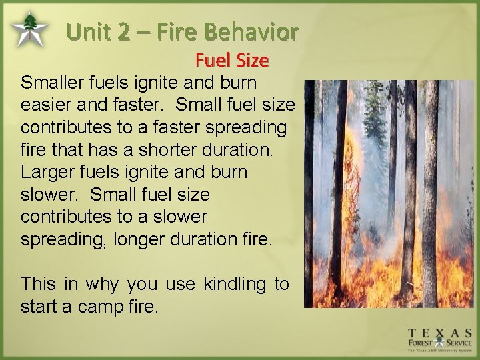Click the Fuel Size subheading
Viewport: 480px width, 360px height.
point(232,61)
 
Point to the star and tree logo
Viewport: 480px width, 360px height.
point(29,28)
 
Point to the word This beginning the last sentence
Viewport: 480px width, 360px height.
point(38,284)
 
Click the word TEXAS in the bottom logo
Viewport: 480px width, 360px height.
point(440,333)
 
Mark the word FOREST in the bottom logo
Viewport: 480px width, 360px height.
point(423,345)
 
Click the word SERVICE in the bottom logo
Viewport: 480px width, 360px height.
point(457,345)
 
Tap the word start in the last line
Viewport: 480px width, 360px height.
point(41,307)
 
